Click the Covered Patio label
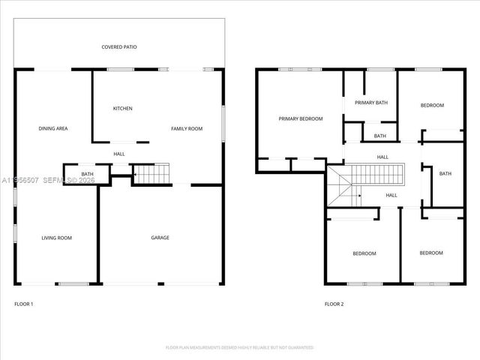(x=119, y=46)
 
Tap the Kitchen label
(x=122, y=109)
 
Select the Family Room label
(x=187, y=129)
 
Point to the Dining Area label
(x=53, y=129)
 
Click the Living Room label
(x=56, y=238)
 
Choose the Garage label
(x=160, y=238)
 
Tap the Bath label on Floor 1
(x=88, y=174)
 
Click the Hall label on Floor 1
(x=119, y=154)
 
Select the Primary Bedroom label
(x=300, y=118)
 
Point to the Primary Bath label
(x=370, y=103)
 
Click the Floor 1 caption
(x=24, y=304)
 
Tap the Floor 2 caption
(x=334, y=304)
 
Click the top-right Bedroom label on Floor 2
(x=432, y=105)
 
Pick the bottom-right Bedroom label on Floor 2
(x=431, y=253)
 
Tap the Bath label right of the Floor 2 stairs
(x=445, y=174)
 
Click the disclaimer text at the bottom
(x=239, y=348)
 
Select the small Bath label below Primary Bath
(x=379, y=136)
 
